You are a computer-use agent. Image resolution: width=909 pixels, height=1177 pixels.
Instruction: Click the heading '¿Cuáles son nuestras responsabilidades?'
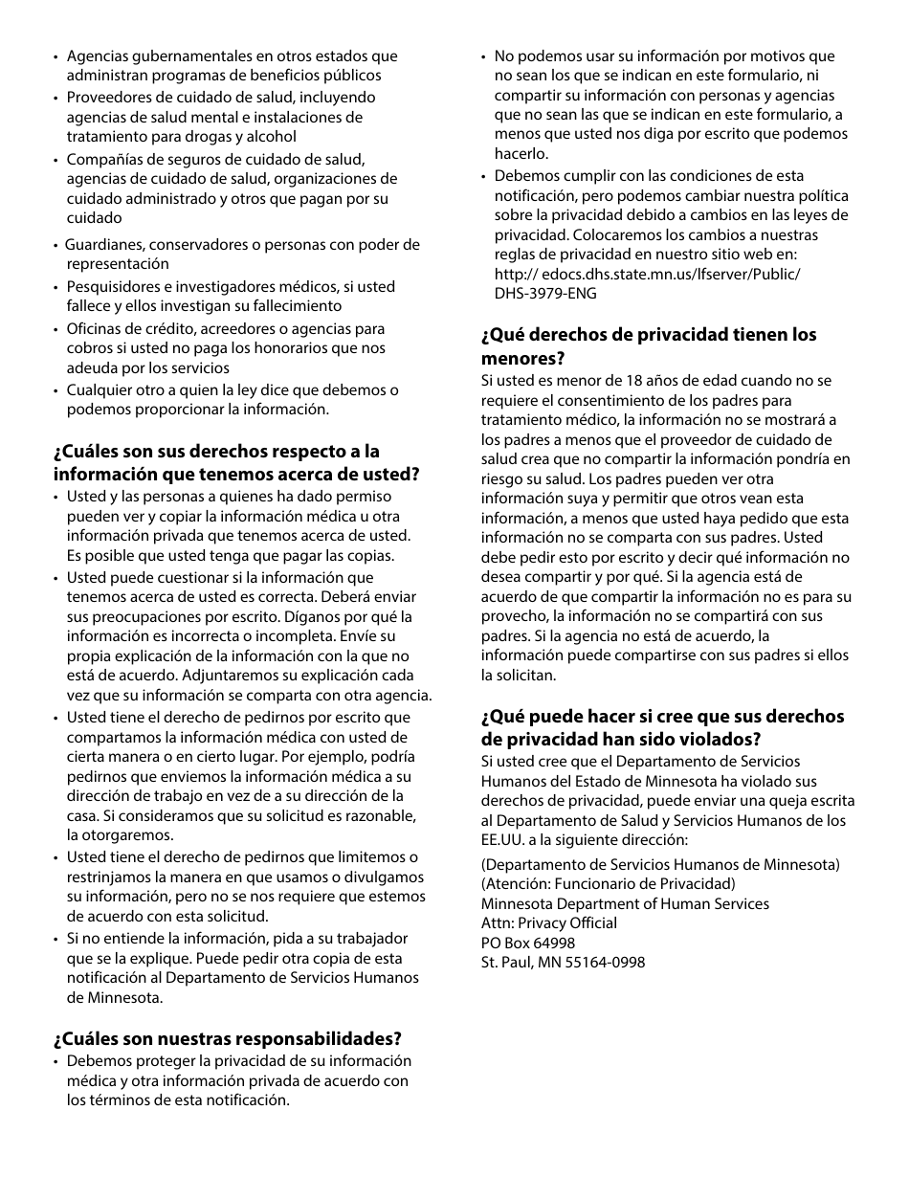pos(228,1038)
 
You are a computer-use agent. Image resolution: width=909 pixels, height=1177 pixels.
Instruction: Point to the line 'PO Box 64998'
pos(528,943)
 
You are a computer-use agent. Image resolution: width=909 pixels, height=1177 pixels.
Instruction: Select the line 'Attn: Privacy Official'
pos(548,922)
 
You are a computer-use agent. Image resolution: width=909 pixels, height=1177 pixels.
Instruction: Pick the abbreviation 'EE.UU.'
pos(503,839)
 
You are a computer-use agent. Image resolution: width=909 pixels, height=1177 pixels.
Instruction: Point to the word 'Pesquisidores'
pos(110,286)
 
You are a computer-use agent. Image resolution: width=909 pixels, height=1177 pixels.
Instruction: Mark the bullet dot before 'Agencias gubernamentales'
pos(55,56)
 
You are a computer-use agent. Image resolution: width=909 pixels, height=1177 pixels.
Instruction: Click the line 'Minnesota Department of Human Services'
pos(625,903)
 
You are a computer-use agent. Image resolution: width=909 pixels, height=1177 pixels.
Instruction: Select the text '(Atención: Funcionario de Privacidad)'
pos(608,883)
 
